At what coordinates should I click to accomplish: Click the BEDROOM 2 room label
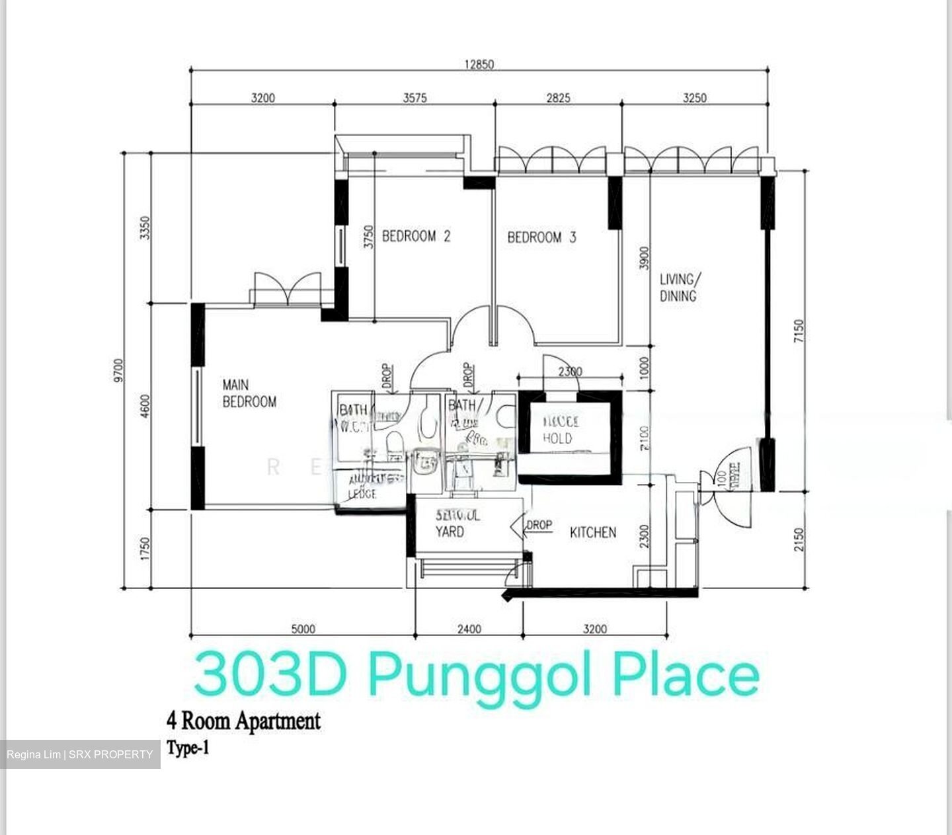pyautogui.click(x=416, y=236)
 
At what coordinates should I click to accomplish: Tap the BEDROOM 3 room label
pyautogui.click(x=541, y=237)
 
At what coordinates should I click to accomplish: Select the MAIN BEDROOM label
pyautogui.click(x=249, y=393)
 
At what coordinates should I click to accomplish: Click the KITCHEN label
pyautogui.click(x=593, y=532)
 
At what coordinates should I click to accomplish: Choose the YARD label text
pyautogui.click(x=450, y=532)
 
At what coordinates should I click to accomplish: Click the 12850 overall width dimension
pyautogui.click(x=479, y=64)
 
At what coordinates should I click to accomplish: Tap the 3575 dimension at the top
pyautogui.click(x=415, y=98)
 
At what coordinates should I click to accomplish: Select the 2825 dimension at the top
pyautogui.click(x=558, y=98)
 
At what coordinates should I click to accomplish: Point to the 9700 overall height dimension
pyautogui.click(x=118, y=370)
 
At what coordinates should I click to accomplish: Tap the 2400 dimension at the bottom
pyautogui.click(x=469, y=629)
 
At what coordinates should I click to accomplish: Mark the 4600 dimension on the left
pyautogui.click(x=145, y=406)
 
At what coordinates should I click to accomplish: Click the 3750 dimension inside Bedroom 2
pyautogui.click(x=369, y=236)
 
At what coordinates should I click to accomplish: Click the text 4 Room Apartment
pyautogui.click(x=243, y=721)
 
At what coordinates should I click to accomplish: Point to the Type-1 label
pyautogui.click(x=188, y=749)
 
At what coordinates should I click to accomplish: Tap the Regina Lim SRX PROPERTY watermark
pyautogui.click(x=80, y=754)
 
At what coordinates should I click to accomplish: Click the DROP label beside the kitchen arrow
pyautogui.click(x=539, y=525)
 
